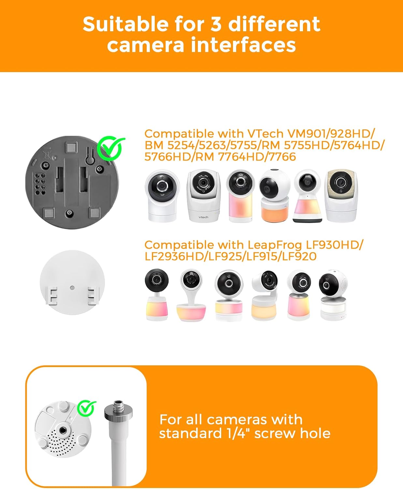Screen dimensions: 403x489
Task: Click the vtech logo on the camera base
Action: click(203, 217)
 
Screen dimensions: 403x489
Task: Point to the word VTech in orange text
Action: click(266, 134)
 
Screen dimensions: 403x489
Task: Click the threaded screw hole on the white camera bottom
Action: click(63, 430)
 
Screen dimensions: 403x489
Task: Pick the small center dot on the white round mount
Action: click(72, 287)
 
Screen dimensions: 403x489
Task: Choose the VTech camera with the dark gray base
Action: click(307, 196)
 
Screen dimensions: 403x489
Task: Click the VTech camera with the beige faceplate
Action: click(341, 196)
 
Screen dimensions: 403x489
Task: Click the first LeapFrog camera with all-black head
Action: click(157, 295)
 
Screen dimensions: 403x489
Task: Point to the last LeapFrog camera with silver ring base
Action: click(333, 295)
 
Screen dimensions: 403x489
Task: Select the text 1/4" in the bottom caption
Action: click(238, 433)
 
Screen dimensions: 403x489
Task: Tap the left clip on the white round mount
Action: click(51, 296)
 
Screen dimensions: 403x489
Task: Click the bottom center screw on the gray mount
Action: click(69, 213)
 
